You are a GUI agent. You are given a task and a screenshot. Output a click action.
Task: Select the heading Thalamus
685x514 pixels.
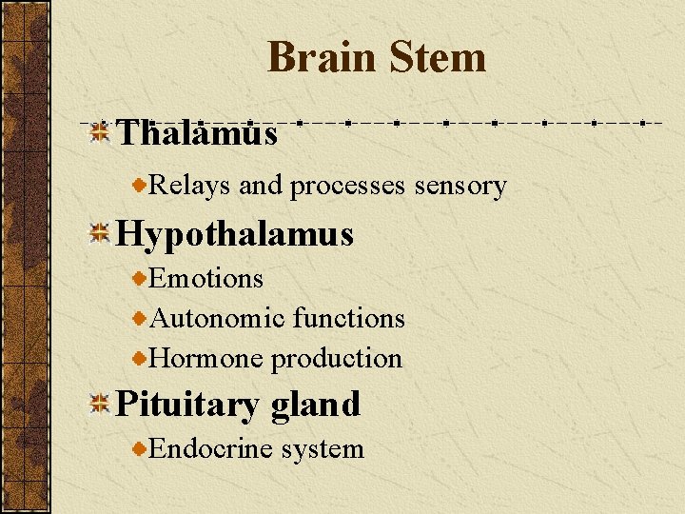197,133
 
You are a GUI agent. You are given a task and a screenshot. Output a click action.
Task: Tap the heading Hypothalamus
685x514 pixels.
234,234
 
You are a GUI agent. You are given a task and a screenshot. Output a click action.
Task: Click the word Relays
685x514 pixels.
190,186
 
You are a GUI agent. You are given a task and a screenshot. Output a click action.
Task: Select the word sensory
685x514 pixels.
460,186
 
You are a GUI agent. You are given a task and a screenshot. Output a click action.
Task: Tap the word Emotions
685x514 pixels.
206,279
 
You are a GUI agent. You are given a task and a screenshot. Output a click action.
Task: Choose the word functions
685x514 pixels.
349,318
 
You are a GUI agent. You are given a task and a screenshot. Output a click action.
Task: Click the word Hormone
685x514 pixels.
207,358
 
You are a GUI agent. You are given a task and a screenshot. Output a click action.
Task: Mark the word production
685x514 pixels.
337,358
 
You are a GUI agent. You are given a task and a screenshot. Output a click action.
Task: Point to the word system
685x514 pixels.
323,448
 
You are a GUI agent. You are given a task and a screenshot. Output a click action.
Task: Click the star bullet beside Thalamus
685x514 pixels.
99,133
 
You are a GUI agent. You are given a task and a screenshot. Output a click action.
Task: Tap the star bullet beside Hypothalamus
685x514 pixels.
99,234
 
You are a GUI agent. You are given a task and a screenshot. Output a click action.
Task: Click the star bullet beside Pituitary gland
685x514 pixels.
99,405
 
